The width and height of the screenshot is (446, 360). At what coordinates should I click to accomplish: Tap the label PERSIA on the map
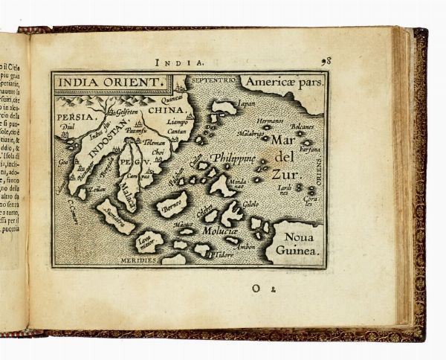pyautogui.click(x=76, y=117)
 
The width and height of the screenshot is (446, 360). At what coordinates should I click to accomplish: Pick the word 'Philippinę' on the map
pyautogui.click(x=233, y=158)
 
